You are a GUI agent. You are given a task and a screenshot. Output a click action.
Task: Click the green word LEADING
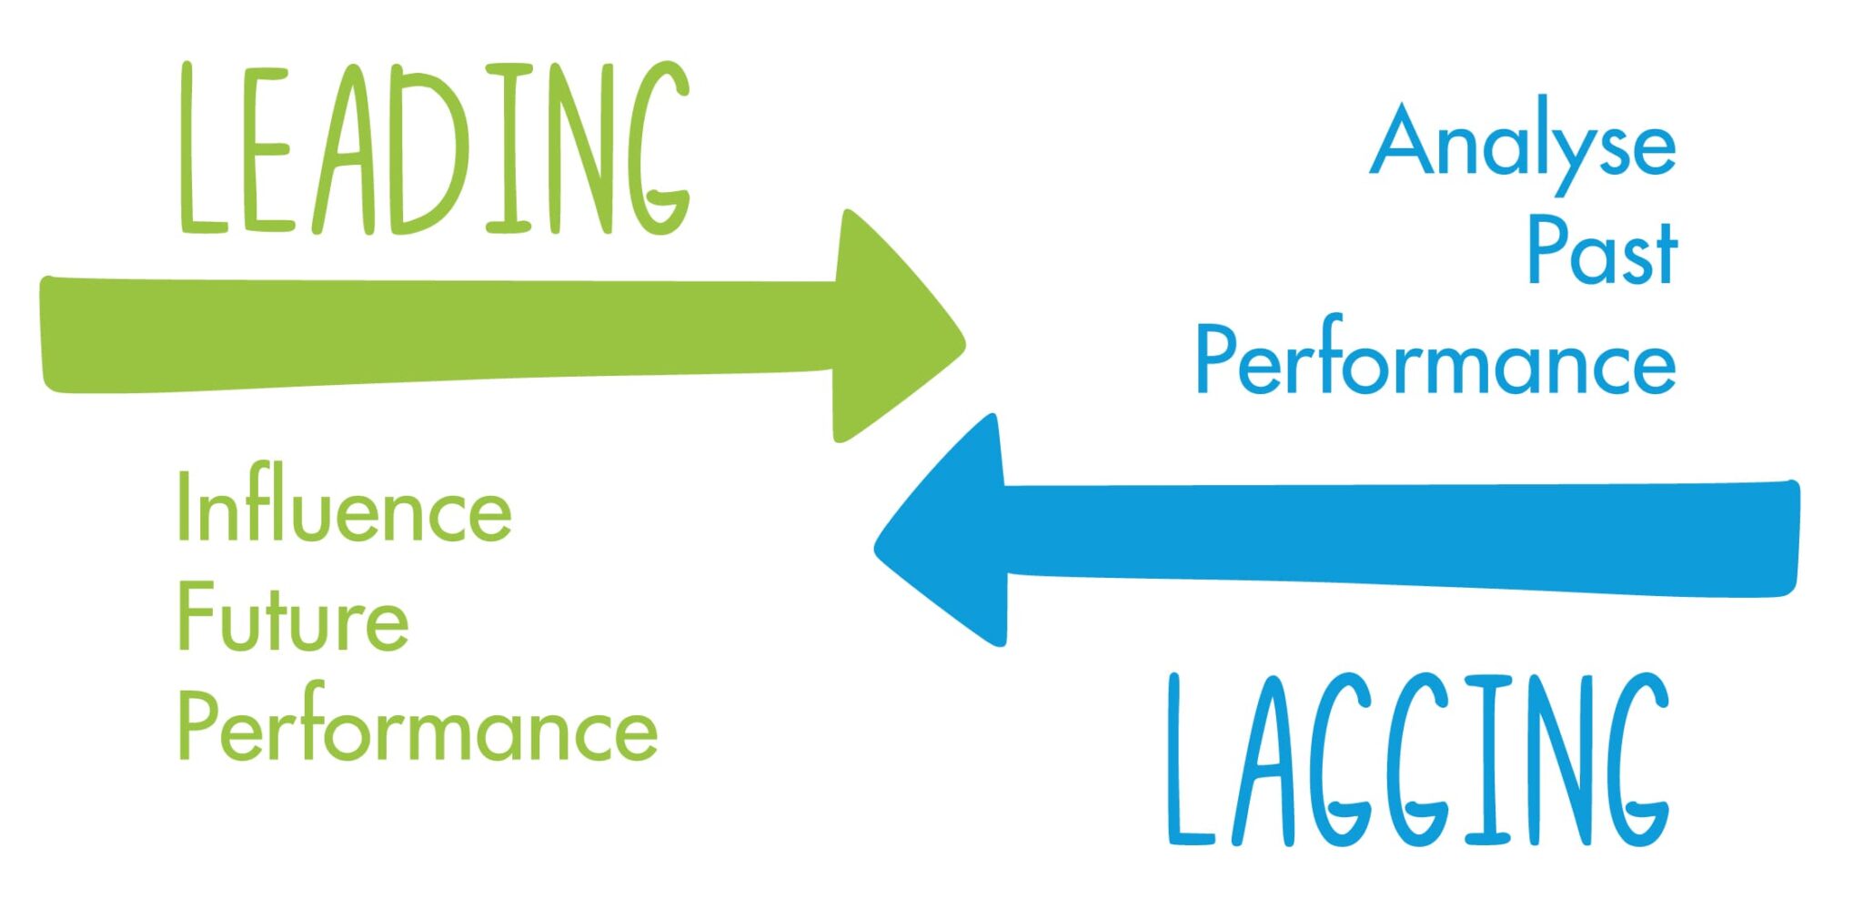tap(433, 149)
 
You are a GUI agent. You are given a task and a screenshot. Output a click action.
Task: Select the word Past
tap(1602, 251)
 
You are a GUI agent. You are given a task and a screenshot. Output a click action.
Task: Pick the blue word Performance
tap(1435, 360)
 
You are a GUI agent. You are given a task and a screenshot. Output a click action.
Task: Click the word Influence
tap(344, 508)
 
